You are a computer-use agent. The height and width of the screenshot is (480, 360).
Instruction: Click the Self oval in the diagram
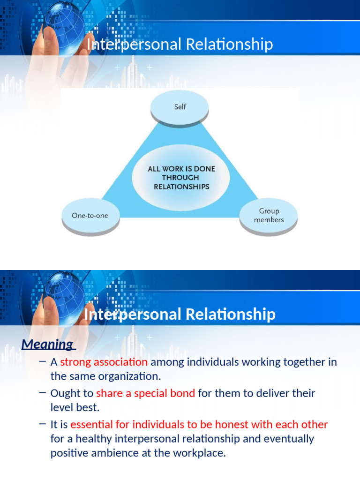tap(180, 107)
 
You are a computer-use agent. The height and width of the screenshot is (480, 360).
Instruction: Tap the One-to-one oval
tap(90, 216)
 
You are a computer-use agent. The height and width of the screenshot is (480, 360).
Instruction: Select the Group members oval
tap(269, 215)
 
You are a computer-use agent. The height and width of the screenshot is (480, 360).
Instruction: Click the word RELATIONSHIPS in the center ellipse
tap(181, 187)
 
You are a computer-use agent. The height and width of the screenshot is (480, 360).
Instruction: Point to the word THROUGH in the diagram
tap(180, 178)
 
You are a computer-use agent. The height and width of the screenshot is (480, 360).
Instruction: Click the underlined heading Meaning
tap(46, 345)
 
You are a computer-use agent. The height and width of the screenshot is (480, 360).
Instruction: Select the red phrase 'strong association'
tap(104, 362)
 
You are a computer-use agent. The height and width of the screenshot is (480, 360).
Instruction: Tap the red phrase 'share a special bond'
tap(145, 393)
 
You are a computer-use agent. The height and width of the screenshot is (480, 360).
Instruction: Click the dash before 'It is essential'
tap(43, 424)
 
